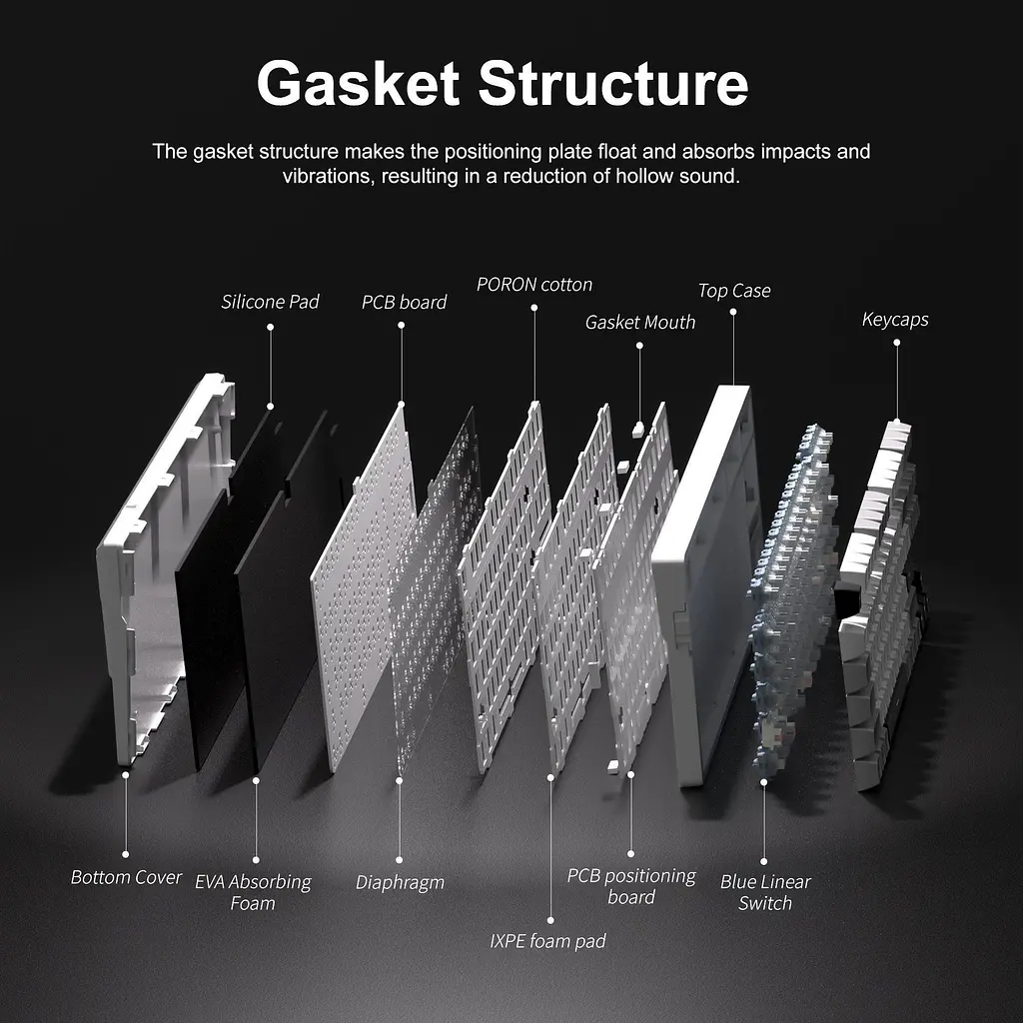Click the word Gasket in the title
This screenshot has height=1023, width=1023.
(359, 84)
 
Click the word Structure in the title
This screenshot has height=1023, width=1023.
(613, 84)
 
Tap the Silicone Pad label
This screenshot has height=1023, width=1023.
(270, 302)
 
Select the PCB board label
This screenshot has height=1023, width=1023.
(404, 302)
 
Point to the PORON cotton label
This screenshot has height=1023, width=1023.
(534, 285)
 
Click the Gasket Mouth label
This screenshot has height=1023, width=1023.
(640, 323)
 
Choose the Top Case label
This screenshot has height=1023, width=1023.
(734, 291)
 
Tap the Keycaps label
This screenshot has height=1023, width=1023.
(895, 320)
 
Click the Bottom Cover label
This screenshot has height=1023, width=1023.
(126, 877)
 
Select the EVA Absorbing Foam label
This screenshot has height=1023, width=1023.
(253, 892)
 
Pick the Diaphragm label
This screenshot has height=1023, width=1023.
(400, 883)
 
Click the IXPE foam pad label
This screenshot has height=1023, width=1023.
(548, 941)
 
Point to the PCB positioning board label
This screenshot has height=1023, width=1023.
(631, 886)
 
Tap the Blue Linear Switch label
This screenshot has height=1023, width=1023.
(765, 892)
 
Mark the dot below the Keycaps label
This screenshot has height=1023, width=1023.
(896, 343)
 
